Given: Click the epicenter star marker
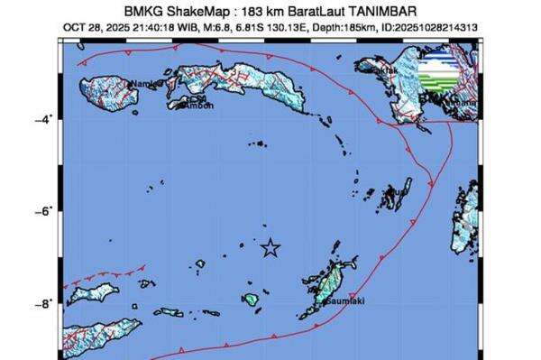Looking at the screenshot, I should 270,248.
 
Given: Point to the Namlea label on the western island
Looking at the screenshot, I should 145,85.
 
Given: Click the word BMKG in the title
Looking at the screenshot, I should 127,12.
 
